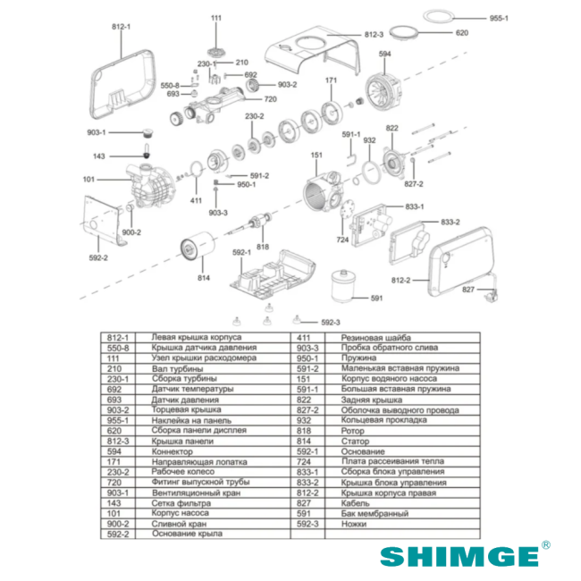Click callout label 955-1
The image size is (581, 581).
(x=499, y=17)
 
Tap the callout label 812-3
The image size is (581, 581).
(x=373, y=34)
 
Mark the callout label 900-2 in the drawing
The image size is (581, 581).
(x=131, y=232)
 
